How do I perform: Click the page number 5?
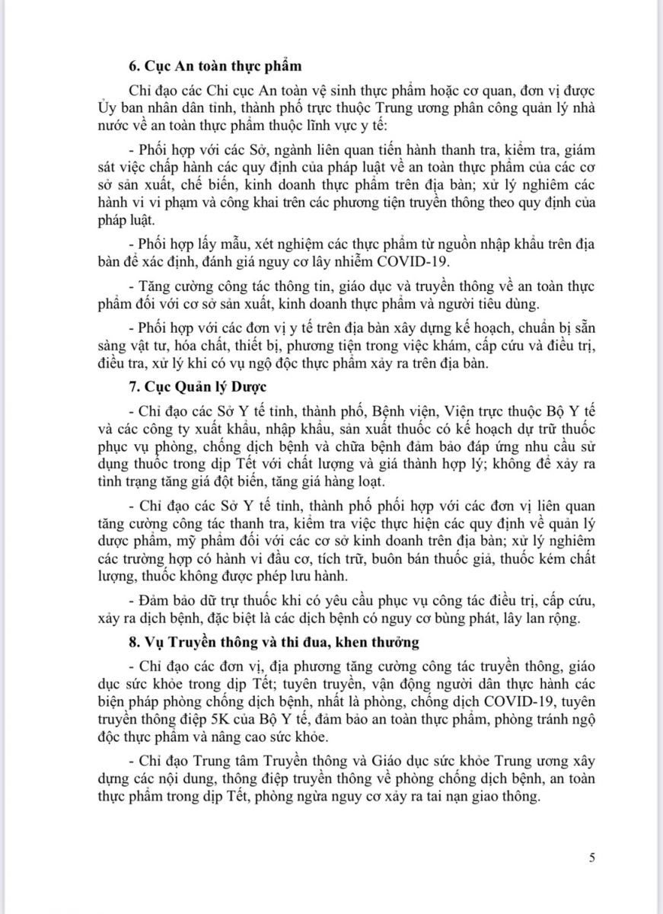tap(592, 858)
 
